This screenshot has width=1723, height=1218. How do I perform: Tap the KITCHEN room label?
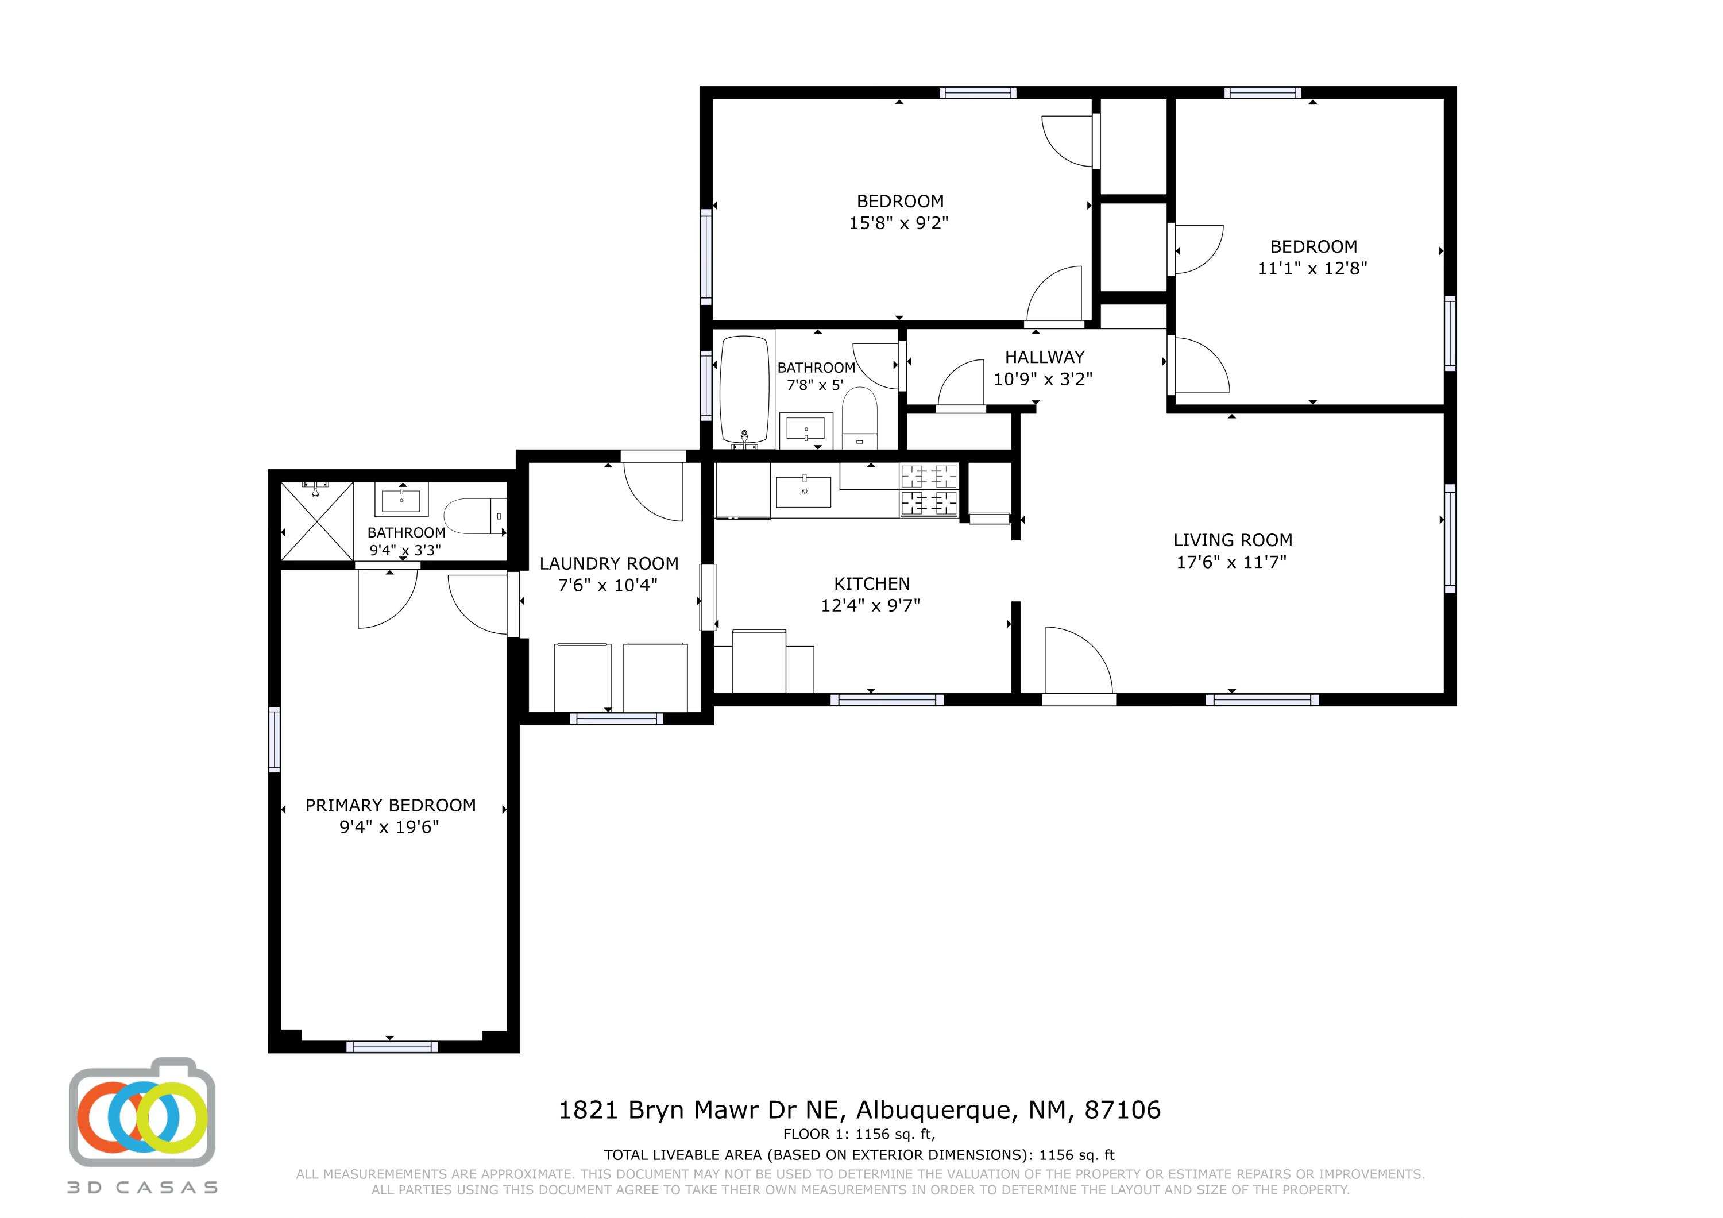click(871, 584)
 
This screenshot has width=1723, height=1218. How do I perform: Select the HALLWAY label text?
click(1045, 357)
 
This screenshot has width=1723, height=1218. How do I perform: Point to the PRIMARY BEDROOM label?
click(390, 805)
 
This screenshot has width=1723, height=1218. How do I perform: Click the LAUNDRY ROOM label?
click(609, 563)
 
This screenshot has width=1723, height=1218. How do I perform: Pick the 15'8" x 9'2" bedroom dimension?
click(899, 223)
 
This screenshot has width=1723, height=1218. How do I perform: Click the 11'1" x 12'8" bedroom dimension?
click(1312, 269)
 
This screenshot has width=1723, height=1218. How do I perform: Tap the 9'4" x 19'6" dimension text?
click(389, 827)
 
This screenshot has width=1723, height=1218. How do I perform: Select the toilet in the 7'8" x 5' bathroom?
click(860, 418)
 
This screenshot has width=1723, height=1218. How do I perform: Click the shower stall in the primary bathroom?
click(316, 521)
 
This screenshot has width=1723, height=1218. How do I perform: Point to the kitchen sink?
click(803, 492)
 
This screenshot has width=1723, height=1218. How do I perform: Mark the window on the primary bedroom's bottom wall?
click(392, 1046)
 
